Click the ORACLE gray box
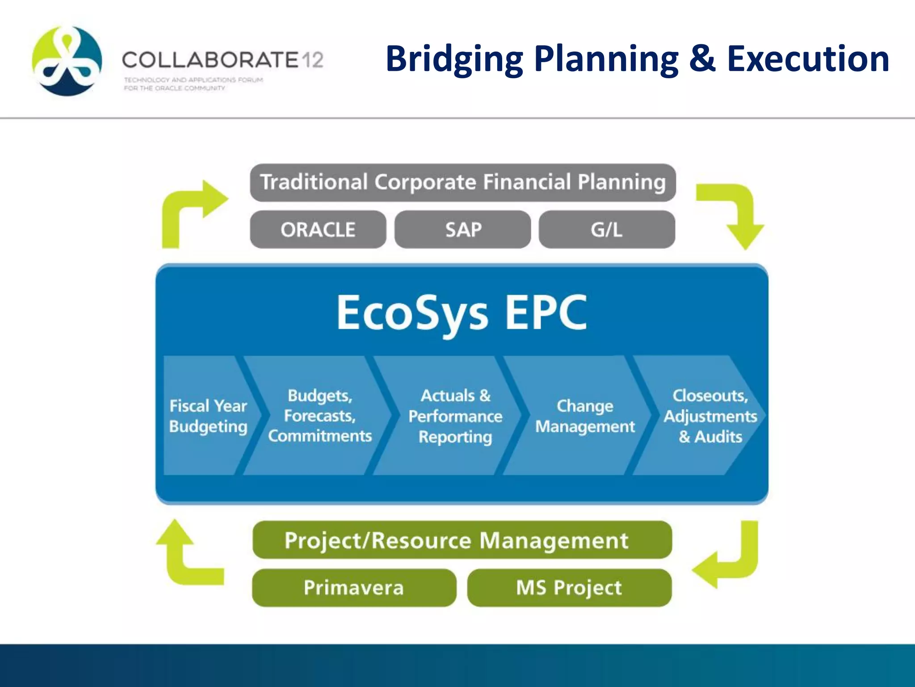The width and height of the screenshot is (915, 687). tap(318, 229)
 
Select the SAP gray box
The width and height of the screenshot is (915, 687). tap(462, 229)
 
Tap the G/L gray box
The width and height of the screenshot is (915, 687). tap(606, 229)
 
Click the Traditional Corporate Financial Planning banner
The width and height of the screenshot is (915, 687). tap(462, 182)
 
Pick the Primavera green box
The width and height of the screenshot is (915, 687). tap(353, 587)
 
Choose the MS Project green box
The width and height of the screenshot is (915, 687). tap(569, 587)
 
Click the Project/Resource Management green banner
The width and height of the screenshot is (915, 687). tap(462, 540)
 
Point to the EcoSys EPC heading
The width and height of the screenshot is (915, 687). tap(462, 313)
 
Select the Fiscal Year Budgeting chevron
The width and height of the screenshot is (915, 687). tap(208, 416)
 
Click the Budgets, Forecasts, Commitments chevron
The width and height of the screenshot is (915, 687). tap(320, 416)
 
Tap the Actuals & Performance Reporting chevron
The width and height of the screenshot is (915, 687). tap(455, 416)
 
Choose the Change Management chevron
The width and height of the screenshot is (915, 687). tap(584, 416)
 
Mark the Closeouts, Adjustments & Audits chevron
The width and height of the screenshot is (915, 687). tap(709, 416)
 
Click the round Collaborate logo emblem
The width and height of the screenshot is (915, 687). tap(67, 61)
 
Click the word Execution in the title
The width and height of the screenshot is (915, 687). tap(808, 59)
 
